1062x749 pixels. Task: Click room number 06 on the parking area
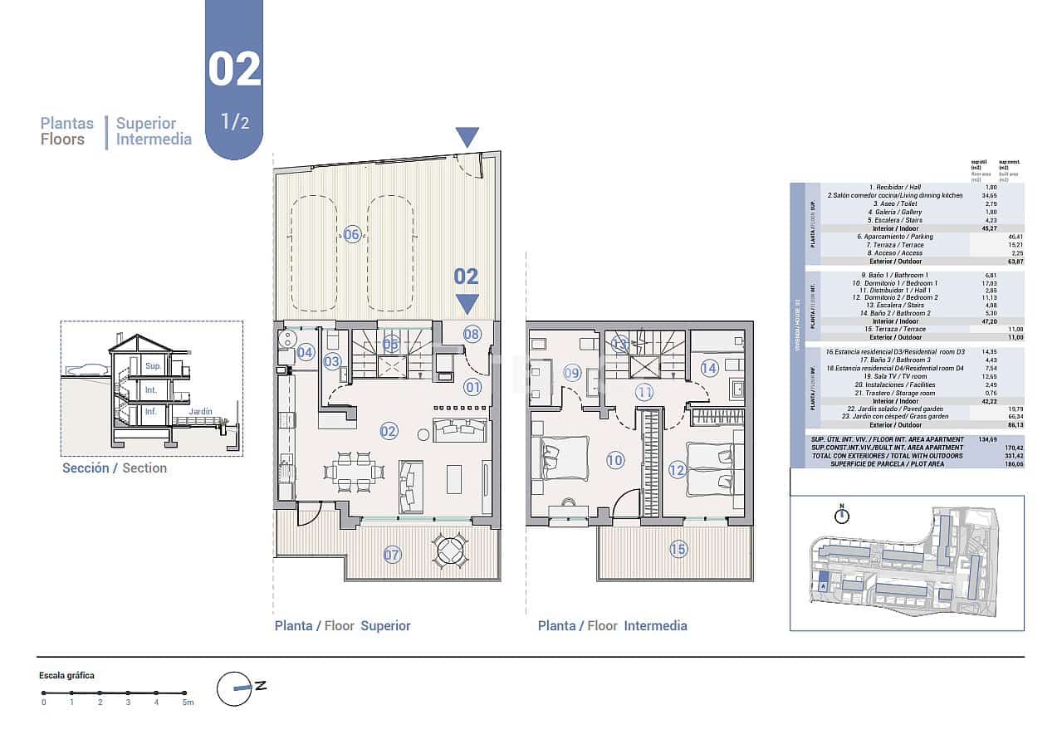click(352, 235)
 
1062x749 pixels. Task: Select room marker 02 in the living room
click(389, 431)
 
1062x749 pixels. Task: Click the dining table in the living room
click(355, 471)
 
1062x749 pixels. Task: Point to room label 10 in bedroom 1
click(614, 460)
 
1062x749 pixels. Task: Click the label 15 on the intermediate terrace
click(678, 549)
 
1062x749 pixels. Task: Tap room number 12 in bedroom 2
click(677, 470)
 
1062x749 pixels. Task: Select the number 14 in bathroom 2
click(708, 368)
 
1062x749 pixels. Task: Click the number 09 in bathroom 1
click(572, 373)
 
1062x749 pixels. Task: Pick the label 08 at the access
click(472, 335)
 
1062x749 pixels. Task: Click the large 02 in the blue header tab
click(234, 70)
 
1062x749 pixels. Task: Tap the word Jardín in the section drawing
click(199, 411)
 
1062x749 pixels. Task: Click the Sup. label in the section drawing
click(152, 366)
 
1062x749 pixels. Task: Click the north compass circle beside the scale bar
click(234, 688)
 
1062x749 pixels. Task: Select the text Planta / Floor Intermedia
click(612, 626)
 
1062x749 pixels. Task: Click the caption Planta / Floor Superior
click(342, 626)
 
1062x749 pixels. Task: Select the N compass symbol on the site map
click(842, 515)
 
